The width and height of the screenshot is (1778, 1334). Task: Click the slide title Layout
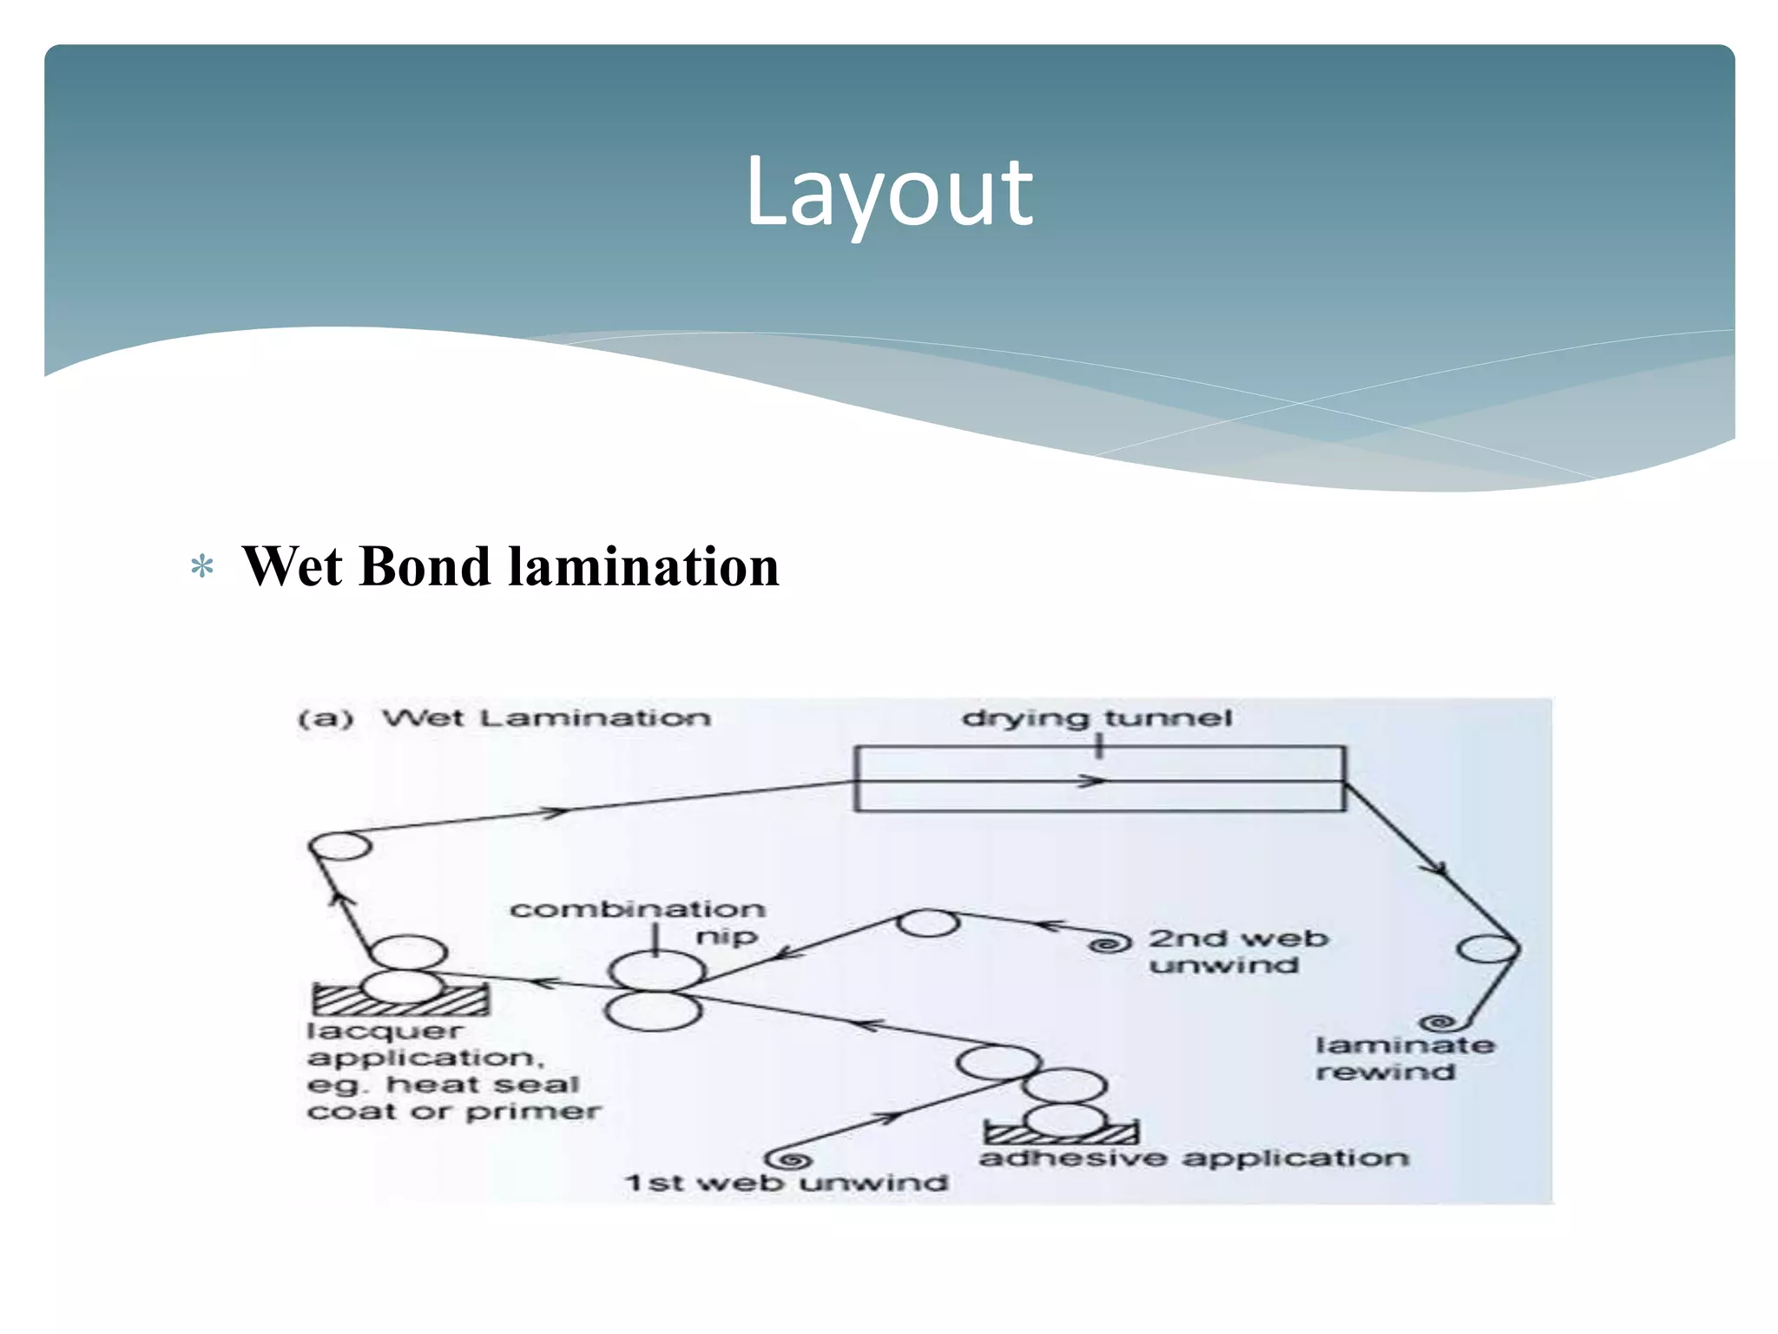(889, 193)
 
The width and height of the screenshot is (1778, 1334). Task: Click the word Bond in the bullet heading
(425, 567)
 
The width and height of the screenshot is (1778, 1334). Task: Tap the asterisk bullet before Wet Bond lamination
(202, 568)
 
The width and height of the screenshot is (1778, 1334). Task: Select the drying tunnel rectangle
(1099, 779)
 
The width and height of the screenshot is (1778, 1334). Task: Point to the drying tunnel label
(1096, 718)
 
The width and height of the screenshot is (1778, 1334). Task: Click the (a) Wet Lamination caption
(504, 718)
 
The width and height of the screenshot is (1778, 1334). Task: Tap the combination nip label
(638, 921)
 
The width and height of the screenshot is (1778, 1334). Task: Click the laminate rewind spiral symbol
(1439, 1023)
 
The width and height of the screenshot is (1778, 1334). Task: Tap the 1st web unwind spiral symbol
(789, 1159)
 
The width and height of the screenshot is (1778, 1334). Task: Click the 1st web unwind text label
(786, 1183)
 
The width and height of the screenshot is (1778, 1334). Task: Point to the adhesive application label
(1194, 1158)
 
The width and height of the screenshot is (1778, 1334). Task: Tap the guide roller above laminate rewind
(1487, 948)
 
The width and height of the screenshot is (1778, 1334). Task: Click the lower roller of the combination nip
(653, 1011)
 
